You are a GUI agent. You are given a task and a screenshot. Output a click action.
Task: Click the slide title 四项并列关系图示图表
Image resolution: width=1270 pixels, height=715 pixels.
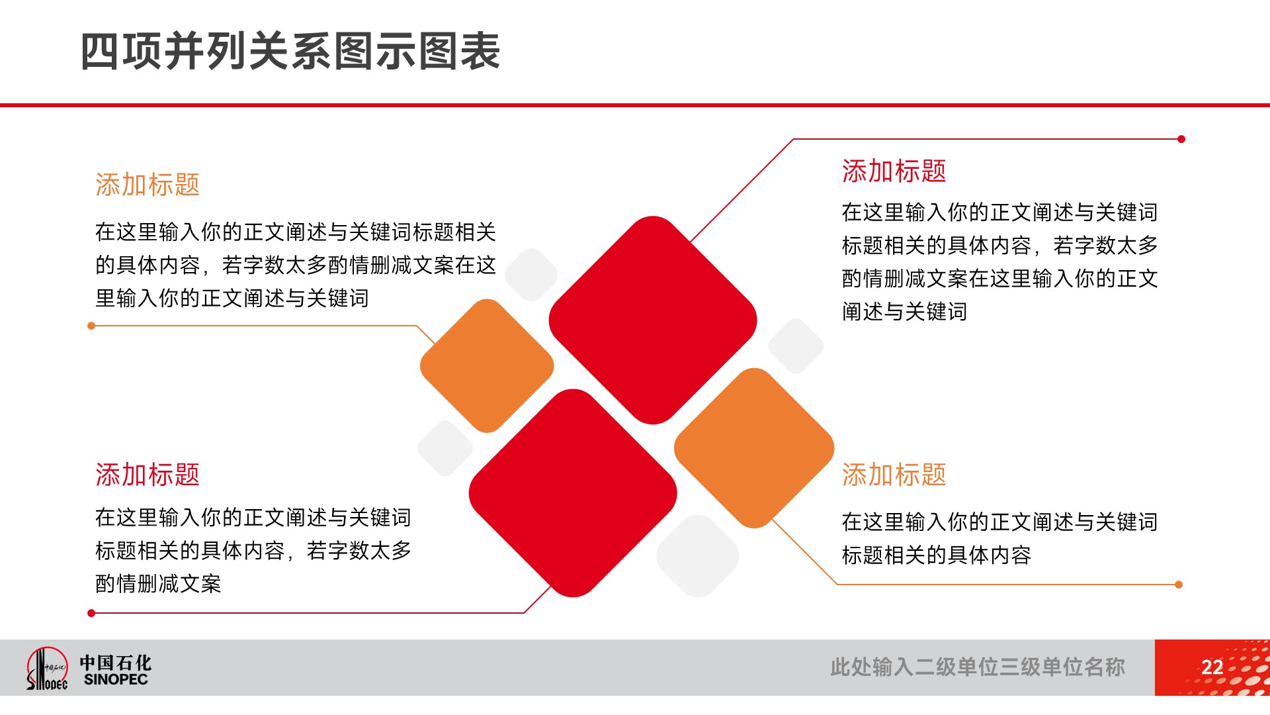[290, 51]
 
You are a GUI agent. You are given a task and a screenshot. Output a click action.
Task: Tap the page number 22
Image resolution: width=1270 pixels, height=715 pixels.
[1212, 667]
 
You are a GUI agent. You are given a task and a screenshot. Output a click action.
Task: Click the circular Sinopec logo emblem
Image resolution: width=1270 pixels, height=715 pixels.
[47, 668]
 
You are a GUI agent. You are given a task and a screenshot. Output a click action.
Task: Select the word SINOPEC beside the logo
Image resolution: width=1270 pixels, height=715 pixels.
[116, 679]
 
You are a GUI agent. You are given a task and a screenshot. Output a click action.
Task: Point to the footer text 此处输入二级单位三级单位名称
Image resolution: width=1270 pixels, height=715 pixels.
[978, 667]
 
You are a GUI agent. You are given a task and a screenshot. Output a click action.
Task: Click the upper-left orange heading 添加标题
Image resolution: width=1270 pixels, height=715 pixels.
[148, 185]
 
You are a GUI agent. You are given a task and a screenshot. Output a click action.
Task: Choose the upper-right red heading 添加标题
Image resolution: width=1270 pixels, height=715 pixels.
[894, 171]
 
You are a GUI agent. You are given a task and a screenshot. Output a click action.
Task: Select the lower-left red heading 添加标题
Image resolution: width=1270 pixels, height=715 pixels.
[148, 475]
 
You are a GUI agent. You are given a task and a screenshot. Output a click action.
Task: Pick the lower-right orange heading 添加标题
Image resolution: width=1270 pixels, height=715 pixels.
[894, 475]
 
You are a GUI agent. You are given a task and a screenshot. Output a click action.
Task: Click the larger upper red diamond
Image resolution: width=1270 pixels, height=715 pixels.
[653, 320]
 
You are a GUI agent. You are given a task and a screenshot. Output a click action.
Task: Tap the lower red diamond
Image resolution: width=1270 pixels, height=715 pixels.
[573, 493]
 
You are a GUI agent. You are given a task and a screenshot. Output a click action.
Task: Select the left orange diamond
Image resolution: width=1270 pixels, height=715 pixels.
[487, 365]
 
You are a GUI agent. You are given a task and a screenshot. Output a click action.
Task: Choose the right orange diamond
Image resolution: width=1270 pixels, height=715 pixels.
[754, 448]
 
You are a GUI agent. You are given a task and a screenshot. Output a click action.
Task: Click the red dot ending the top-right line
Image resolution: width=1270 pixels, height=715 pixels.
[1181, 139]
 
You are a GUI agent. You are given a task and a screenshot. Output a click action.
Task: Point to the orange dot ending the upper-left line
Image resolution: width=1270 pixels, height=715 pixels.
[91, 326]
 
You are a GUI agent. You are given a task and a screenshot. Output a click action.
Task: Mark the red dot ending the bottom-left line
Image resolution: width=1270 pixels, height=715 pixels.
[91, 613]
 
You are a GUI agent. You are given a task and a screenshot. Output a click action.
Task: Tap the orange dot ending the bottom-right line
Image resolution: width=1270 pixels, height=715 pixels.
[1179, 585]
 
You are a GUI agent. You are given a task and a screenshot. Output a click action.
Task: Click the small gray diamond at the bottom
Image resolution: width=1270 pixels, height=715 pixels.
[697, 555]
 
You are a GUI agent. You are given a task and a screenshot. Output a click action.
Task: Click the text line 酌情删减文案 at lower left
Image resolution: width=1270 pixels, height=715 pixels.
[158, 584]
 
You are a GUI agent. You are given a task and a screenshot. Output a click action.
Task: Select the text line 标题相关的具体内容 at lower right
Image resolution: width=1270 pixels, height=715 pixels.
[936, 555]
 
